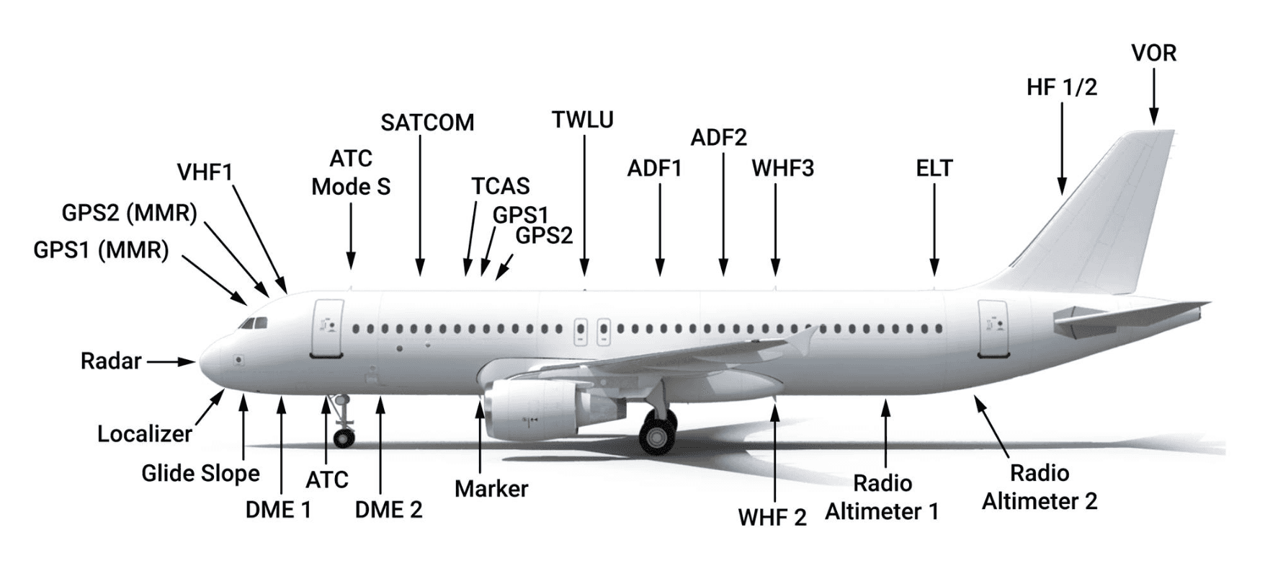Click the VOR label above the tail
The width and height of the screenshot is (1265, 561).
(1153, 53)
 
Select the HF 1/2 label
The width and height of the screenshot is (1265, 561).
(1061, 87)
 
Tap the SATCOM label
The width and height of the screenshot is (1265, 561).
(427, 123)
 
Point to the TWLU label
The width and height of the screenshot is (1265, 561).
(583, 120)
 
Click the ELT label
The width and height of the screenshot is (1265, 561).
(934, 169)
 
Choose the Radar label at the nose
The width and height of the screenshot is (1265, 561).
(111, 361)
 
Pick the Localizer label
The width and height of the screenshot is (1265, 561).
(145, 434)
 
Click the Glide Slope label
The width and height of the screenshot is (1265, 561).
(200, 474)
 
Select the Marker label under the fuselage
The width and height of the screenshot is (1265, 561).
(491, 489)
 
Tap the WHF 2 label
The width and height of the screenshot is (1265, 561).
(772, 517)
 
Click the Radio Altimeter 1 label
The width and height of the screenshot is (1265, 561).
(882, 498)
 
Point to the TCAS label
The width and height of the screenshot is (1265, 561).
(501, 186)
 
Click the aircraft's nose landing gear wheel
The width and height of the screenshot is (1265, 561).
(344, 436)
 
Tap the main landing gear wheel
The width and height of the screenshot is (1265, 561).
(656, 435)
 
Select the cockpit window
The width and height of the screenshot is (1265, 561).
(251, 324)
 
